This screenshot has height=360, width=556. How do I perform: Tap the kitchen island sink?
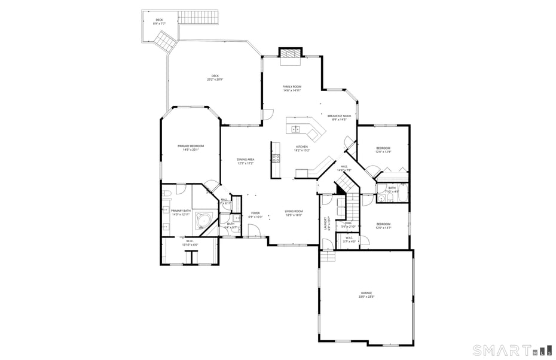296,129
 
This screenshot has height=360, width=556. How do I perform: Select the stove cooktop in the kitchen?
276,158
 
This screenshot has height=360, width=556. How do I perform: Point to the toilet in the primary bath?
167,193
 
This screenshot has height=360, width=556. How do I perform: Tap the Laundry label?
326,223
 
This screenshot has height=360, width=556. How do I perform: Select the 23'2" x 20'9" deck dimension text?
215,80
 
